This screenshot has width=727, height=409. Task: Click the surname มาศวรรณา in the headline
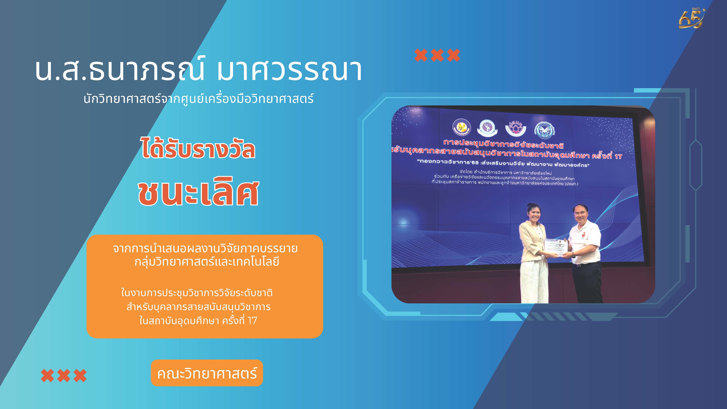[289, 69]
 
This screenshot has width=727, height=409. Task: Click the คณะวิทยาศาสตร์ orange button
[207, 373]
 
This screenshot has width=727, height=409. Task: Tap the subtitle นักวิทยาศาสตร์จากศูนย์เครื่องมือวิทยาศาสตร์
[198, 99]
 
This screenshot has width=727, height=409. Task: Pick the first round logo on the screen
[462, 128]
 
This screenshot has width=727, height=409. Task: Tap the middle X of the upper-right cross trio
[437, 55]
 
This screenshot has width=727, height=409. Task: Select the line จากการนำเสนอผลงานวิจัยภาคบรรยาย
[205, 248]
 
